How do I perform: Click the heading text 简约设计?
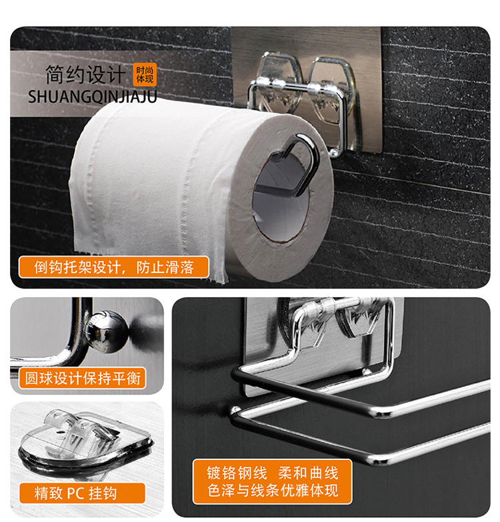coord(86,74)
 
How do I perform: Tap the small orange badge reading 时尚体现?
coord(145,74)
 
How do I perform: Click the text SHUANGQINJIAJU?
coord(93,97)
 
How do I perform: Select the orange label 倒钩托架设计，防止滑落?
coord(114,267)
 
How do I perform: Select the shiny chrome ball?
coord(107,331)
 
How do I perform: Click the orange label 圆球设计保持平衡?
coord(83,378)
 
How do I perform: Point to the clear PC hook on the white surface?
coord(85,436)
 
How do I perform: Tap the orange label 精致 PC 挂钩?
coord(82,493)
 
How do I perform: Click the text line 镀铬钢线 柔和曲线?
coord(272,473)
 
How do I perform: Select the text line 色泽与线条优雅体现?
coord(273,490)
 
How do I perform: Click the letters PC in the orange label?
coord(76,493)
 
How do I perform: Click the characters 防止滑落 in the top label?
coord(165,267)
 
